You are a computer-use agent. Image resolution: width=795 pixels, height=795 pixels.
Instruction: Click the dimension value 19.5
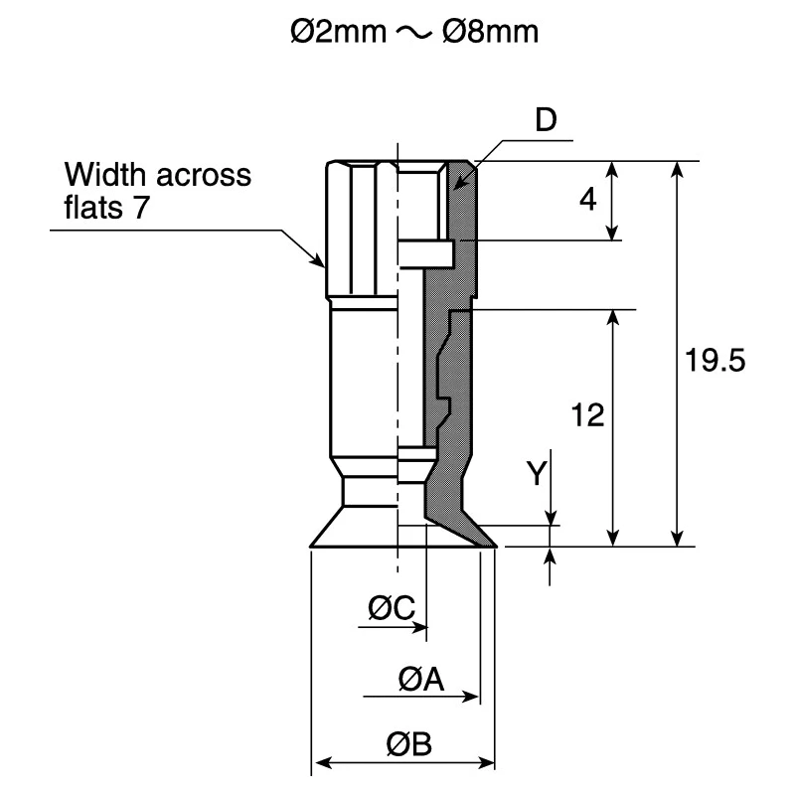coord(715,361)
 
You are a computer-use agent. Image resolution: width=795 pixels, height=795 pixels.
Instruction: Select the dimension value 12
coord(587,415)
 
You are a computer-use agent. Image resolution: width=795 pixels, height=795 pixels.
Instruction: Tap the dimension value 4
coord(588,200)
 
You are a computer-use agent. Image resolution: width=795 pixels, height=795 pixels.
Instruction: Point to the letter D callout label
coord(546,119)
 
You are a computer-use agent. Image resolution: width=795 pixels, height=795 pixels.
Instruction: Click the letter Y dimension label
coord(537,473)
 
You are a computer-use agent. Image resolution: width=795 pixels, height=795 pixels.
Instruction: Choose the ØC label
coord(392,608)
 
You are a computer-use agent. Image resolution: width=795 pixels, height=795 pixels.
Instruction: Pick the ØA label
coord(420,679)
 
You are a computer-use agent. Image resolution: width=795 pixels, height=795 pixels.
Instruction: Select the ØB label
coord(408,743)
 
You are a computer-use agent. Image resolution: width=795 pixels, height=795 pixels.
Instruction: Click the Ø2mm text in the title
coord(339,32)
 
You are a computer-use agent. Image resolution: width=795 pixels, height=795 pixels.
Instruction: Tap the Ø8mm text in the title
coord(490,32)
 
